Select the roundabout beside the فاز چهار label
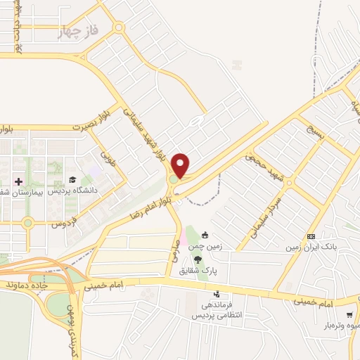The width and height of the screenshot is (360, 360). tap(118, 28)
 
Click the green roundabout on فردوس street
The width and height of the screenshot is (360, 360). tap(27, 224)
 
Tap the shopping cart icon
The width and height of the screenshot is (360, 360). tap(349, 314)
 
